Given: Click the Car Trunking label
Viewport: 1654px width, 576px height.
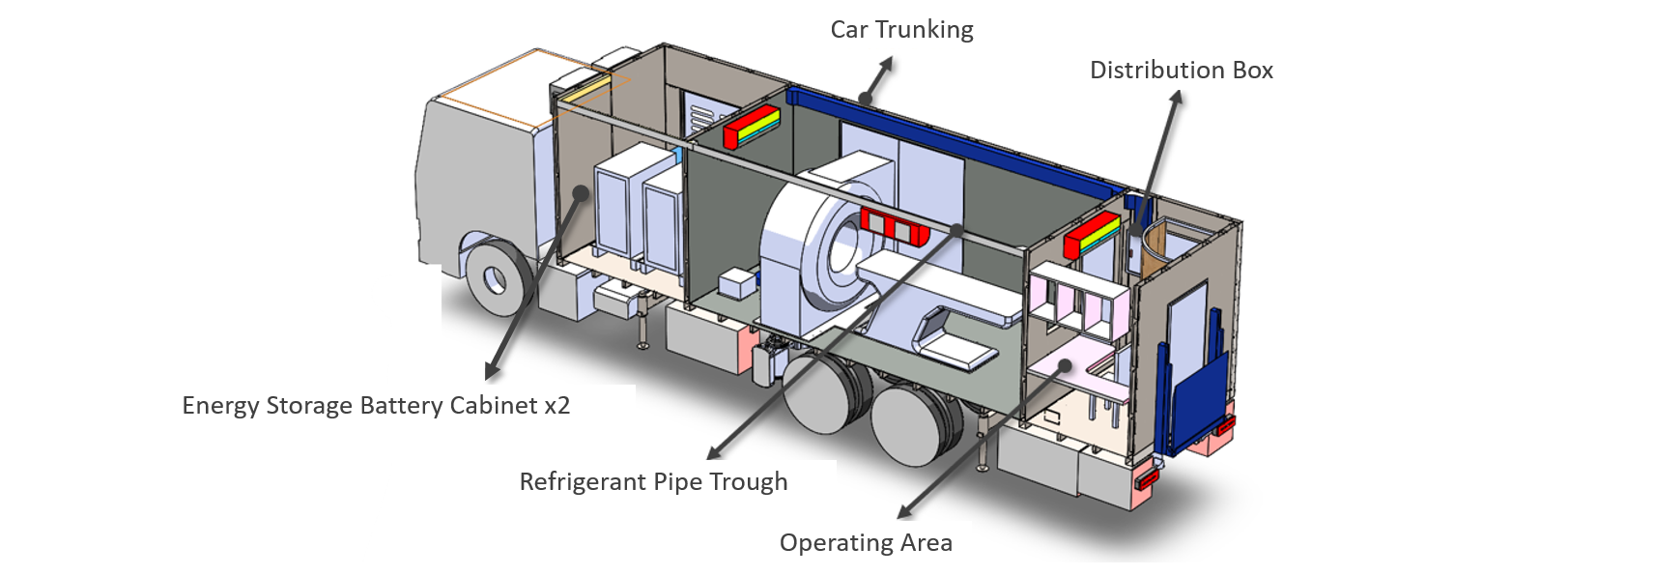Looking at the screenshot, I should [x=901, y=30].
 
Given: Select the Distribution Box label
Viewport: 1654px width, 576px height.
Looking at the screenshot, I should [x=1181, y=71].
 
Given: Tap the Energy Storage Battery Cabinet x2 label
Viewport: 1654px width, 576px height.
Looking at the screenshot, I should [x=376, y=405].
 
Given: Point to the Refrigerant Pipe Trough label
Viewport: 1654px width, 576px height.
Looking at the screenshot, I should [x=653, y=481].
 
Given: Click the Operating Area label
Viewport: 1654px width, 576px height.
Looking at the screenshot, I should [x=866, y=543].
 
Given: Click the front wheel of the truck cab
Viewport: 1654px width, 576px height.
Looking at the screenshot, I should [x=496, y=278].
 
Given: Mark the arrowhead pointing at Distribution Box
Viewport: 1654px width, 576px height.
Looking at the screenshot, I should [x=1176, y=99].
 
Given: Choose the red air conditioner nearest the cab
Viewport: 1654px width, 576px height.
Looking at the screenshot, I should [x=752, y=127].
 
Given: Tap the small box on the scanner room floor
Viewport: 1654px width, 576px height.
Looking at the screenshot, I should [x=736, y=283].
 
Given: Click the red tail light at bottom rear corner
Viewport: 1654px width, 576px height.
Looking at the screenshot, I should [x=1147, y=477].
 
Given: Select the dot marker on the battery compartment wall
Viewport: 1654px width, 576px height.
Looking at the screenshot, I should [x=580, y=192].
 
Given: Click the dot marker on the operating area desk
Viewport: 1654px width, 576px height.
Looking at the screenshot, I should [x=1064, y=366].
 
